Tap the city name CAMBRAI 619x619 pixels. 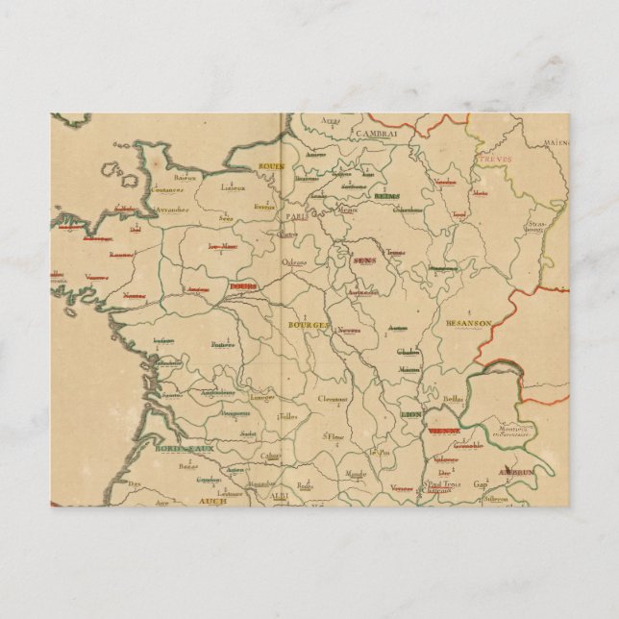[375, 134]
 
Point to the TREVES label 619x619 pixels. [497, 159]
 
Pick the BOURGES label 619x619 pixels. [309, 325]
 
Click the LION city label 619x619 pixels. [410, 413]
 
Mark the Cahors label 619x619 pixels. [272, 456]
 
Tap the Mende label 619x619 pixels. [355, 474]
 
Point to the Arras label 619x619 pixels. [331, 121]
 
